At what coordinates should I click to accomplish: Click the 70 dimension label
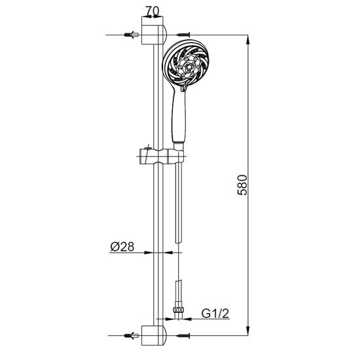click(153, 12)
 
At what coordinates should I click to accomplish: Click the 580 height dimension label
click(242, 185)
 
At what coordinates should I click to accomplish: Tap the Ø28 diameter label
click(122, 247)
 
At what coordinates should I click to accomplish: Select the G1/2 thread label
click(215, 314)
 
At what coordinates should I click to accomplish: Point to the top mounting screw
click(183, 35)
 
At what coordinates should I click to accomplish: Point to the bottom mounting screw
click(183, 335)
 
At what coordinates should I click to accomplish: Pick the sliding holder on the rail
click(162, 156)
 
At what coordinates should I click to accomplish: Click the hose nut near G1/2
click(179, 310)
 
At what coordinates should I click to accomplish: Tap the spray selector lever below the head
click(184, 87)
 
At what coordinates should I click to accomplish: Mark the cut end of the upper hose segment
click(179, 242)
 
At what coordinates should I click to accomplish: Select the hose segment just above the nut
click(179, 293)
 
